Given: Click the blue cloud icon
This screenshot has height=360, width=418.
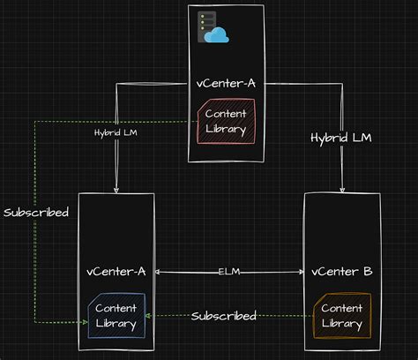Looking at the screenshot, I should pyautogui.click(x=217, y=34).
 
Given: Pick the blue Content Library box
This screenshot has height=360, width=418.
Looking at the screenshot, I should pyautogui.click(x=116, y=316).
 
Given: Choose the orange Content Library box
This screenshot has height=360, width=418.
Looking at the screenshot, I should pyautogui.click(x=342, y=315).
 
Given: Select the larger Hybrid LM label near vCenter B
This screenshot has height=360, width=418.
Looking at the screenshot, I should pyautogui.click(x=341, y=138).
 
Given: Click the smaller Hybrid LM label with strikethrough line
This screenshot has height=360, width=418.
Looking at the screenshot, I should pyautogui.click(x=115, y=132).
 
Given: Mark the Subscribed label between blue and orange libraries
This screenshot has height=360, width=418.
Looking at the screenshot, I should pyautogui.click(x=224, y=315).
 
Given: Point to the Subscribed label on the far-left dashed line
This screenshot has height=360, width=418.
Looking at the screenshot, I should pyautogui.click(x=35, y=213).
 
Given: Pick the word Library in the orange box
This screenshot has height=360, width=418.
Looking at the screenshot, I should pyautogui.click(x=342, y=323).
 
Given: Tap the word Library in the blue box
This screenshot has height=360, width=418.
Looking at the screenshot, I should pyautogui.click(x=116, y=324).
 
